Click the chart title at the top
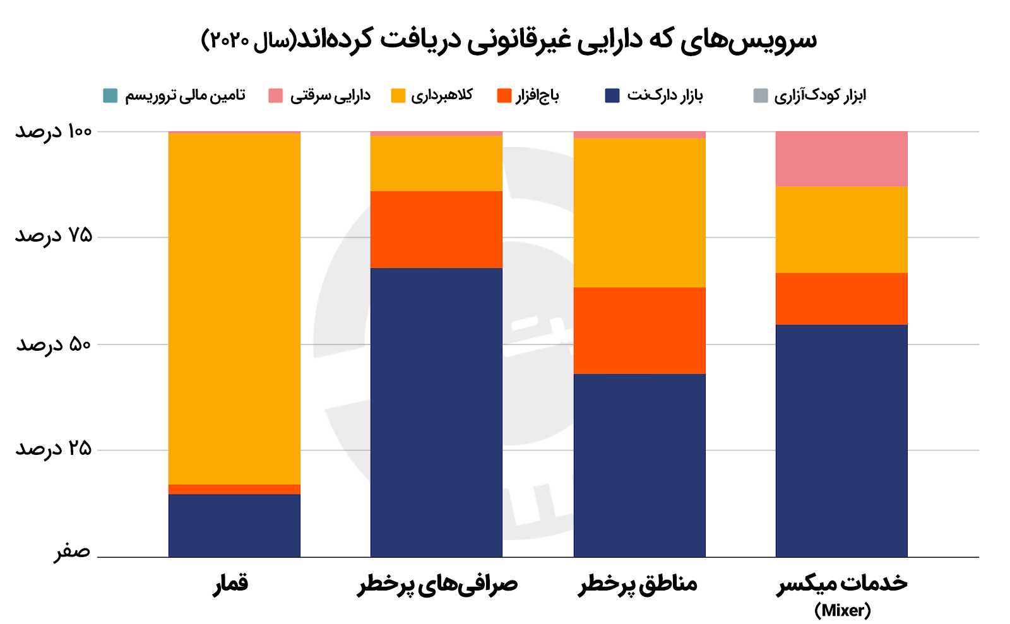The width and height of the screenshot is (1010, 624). (509, 39)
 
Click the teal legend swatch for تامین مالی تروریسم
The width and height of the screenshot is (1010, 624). (110, 96)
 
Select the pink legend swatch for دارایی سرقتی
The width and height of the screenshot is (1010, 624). (276, 96)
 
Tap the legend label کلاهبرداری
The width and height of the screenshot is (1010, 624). (442, 96)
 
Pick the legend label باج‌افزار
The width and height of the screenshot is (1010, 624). (537, 96)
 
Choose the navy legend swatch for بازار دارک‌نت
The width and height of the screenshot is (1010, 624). (612, 96)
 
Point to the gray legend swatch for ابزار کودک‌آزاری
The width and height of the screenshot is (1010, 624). (761, 96)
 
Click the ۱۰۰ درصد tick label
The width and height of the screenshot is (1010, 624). (54, 131)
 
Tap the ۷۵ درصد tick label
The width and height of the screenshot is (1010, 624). (54, 236)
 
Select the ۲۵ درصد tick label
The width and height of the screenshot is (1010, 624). (54, 449)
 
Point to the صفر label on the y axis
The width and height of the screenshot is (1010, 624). (72, 551)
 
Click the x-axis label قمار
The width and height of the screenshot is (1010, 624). (231, 584)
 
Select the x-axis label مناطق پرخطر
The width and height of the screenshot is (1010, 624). (638, 584)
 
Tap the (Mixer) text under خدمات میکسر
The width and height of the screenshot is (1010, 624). (842, 610)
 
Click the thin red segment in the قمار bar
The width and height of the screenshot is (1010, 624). (234, 489)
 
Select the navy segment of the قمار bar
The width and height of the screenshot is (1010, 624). (234, 525)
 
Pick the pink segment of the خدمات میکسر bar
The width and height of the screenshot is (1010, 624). (841, 158)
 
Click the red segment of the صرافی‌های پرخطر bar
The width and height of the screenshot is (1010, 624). (436, 230)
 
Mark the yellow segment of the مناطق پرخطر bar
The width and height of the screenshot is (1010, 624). (639, 213)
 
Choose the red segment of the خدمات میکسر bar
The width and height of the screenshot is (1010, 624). (841, 299)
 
